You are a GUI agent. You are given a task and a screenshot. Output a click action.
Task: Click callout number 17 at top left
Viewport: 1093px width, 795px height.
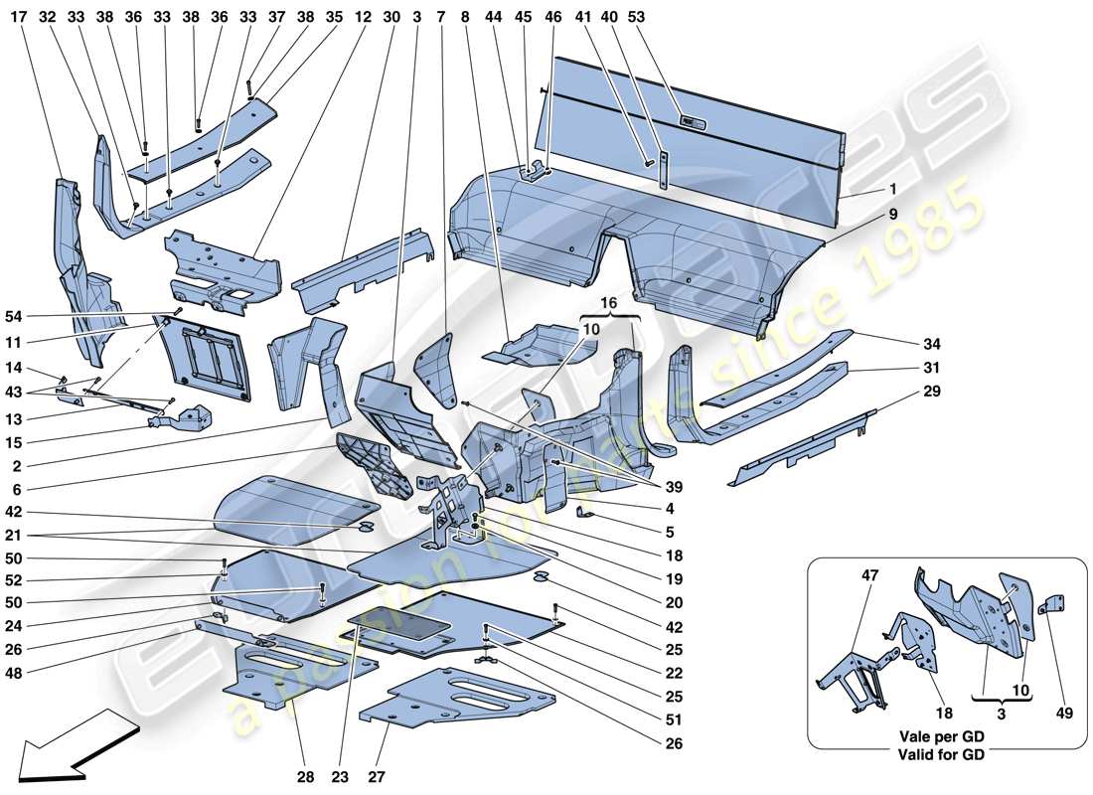pyautogui.click(x=19, y=16)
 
